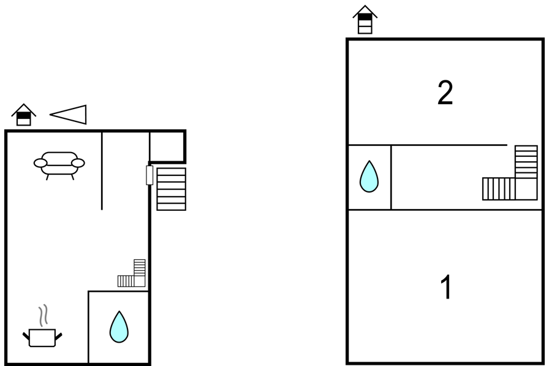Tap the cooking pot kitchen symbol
(42, 338)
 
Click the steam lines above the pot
(43, 316)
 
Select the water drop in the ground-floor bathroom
(119, 327)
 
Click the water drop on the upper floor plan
(369, 177)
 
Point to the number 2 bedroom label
(445, 93)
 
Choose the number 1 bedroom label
(445, 287)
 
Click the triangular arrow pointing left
(68, 114)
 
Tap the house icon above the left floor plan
(24, 115)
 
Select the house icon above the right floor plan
(365, 20)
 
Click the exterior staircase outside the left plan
(171, 189)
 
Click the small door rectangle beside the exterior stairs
(150, 175)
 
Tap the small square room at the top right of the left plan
(167, 147)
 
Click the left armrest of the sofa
(40, 163)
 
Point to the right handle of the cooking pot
(58, 337)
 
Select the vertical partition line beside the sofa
(102, 171)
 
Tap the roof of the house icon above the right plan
(365, 10)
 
